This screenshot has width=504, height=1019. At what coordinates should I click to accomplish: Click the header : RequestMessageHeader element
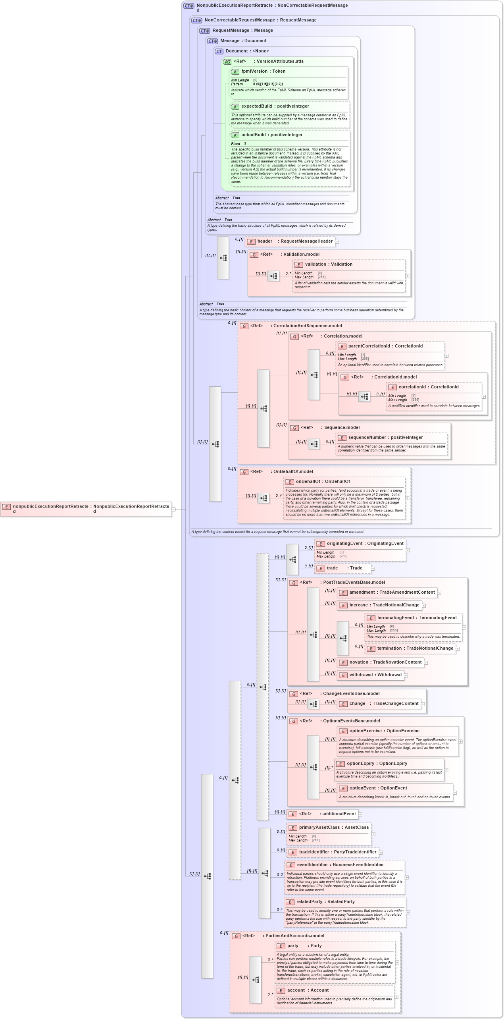pos(290,241)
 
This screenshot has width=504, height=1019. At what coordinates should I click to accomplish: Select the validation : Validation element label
pos(328,264)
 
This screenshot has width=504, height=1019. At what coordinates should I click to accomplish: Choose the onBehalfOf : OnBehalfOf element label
pos(323,482)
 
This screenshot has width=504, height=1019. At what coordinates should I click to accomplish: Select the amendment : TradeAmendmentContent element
pos(387,592)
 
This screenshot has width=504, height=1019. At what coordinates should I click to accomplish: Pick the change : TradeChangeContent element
pos(379,703)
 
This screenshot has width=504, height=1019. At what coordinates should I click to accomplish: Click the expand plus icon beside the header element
pos(337,241)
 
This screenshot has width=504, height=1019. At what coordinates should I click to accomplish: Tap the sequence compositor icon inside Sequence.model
pos(314,444)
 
